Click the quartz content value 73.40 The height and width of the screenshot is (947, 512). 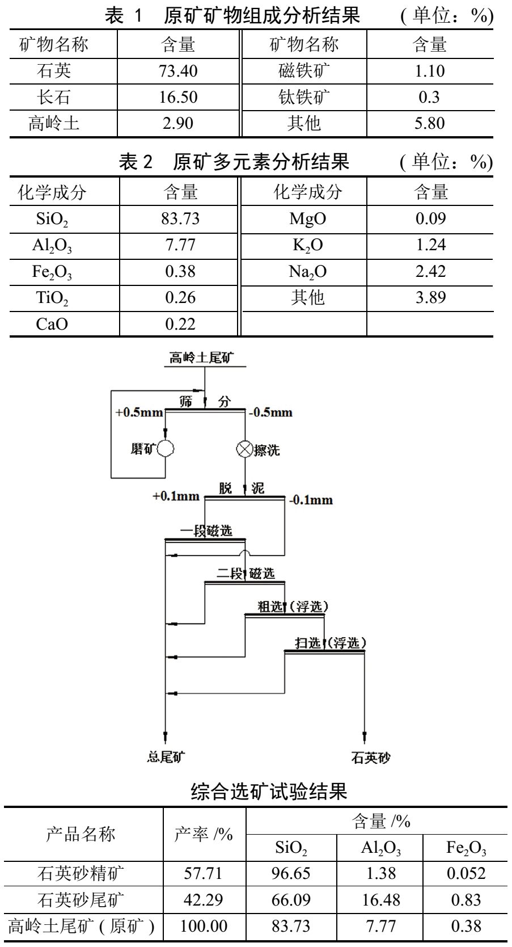(178, 71)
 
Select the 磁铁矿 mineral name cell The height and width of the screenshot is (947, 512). (304, 71)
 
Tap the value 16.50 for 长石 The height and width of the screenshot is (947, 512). (178, 97)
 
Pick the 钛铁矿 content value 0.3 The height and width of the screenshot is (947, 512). (429, 97)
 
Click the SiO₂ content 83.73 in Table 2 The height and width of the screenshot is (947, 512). (180, 218)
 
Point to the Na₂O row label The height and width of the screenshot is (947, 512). (307, 272)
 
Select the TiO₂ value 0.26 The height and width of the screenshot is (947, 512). (180, 297)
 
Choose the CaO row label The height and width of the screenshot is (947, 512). (52, 324)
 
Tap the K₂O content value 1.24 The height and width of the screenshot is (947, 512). (430, 245)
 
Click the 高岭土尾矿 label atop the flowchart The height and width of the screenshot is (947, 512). (201, 357)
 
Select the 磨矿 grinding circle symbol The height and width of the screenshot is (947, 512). (166, 449)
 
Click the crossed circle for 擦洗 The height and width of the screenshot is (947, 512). (244, 449)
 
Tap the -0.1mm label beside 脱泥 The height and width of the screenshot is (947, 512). (311, 500)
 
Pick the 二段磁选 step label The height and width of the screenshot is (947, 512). (246, 574)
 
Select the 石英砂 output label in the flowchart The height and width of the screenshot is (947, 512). (371, 757)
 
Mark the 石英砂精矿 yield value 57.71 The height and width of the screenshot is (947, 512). (203, 873)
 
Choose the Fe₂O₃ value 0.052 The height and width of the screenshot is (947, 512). (466, 873)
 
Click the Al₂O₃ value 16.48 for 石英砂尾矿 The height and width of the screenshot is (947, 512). (380, 899)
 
